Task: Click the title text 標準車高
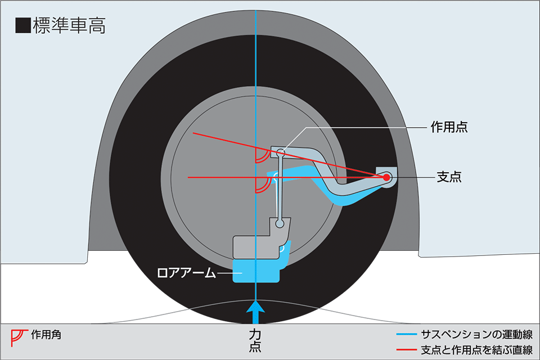coord(69,26)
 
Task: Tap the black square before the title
coord(23,26)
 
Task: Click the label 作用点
coord(449,128)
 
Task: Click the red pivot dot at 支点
coord(387,177)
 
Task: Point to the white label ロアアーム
coord(186,273)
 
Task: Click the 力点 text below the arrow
coord(255,341)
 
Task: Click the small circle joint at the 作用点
coord(281,151)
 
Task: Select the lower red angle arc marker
coord(262,185)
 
